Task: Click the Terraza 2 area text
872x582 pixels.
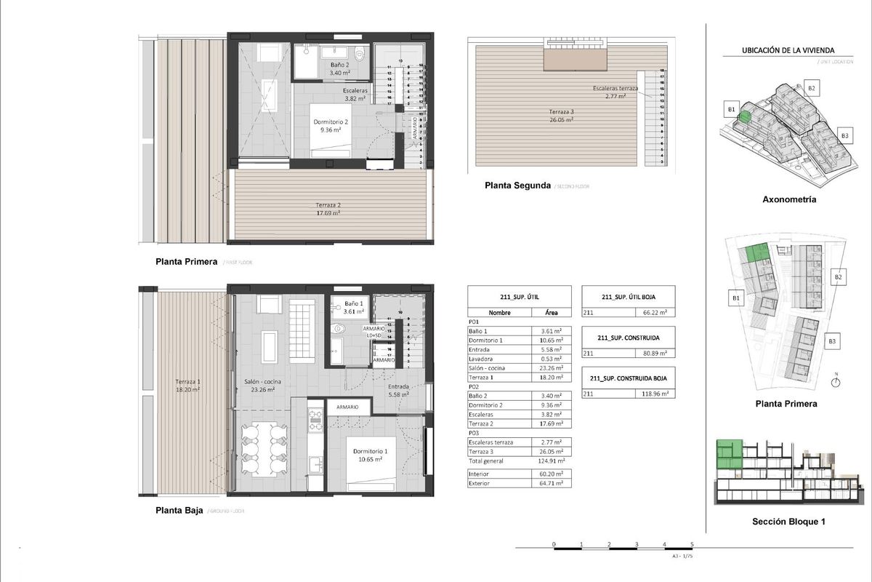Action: point(328,209)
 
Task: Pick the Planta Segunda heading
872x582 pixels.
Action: point(517,186)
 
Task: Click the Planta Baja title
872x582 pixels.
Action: point(179,510)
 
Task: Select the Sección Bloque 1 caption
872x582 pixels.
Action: point(788,521)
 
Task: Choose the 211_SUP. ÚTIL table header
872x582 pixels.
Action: point(520,296)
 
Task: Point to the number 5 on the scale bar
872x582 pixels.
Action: point(692,544)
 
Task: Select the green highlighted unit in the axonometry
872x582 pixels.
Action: point(744,113)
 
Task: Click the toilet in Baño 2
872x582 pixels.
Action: point(359,55)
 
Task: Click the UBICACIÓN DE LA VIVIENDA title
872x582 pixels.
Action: point(788,50)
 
